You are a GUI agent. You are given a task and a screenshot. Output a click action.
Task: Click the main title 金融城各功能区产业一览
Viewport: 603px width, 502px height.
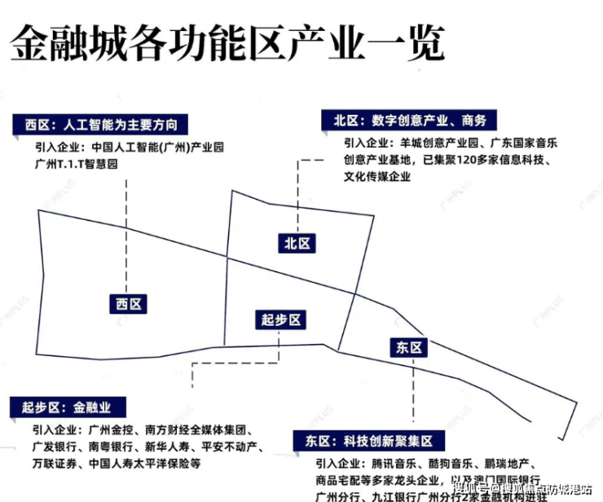[227, 43]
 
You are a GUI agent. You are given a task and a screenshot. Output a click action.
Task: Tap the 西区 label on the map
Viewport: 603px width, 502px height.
[129, 303]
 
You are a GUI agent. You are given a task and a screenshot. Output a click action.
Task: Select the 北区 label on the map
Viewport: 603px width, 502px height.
[296, 243]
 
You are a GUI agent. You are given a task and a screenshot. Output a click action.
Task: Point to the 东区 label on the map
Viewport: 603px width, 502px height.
[407, 347]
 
